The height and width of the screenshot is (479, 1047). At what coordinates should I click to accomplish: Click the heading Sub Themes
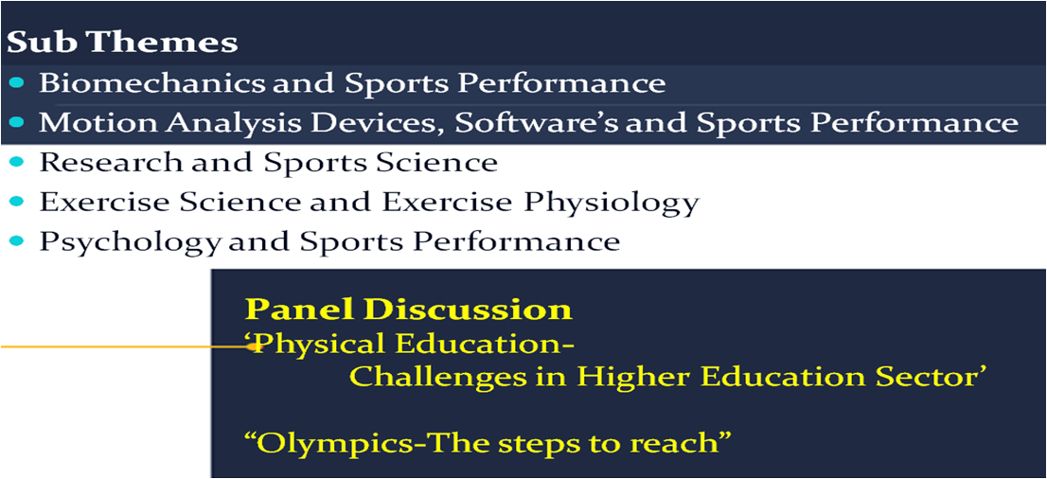(122, 44)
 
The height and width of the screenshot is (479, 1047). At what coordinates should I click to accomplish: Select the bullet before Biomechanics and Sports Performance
(17, 83)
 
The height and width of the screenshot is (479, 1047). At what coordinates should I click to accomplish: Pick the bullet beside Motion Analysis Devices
(17, 122)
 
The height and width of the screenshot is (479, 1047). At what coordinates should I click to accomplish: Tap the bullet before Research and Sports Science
(17, 162)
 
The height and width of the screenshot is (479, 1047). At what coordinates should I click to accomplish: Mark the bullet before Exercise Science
(17, 201)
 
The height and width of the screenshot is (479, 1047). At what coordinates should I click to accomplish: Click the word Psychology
(129, 241)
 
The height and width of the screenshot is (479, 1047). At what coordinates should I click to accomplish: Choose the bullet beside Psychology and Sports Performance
(17, 239)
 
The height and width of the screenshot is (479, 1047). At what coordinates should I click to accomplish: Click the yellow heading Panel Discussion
(409, 310)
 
